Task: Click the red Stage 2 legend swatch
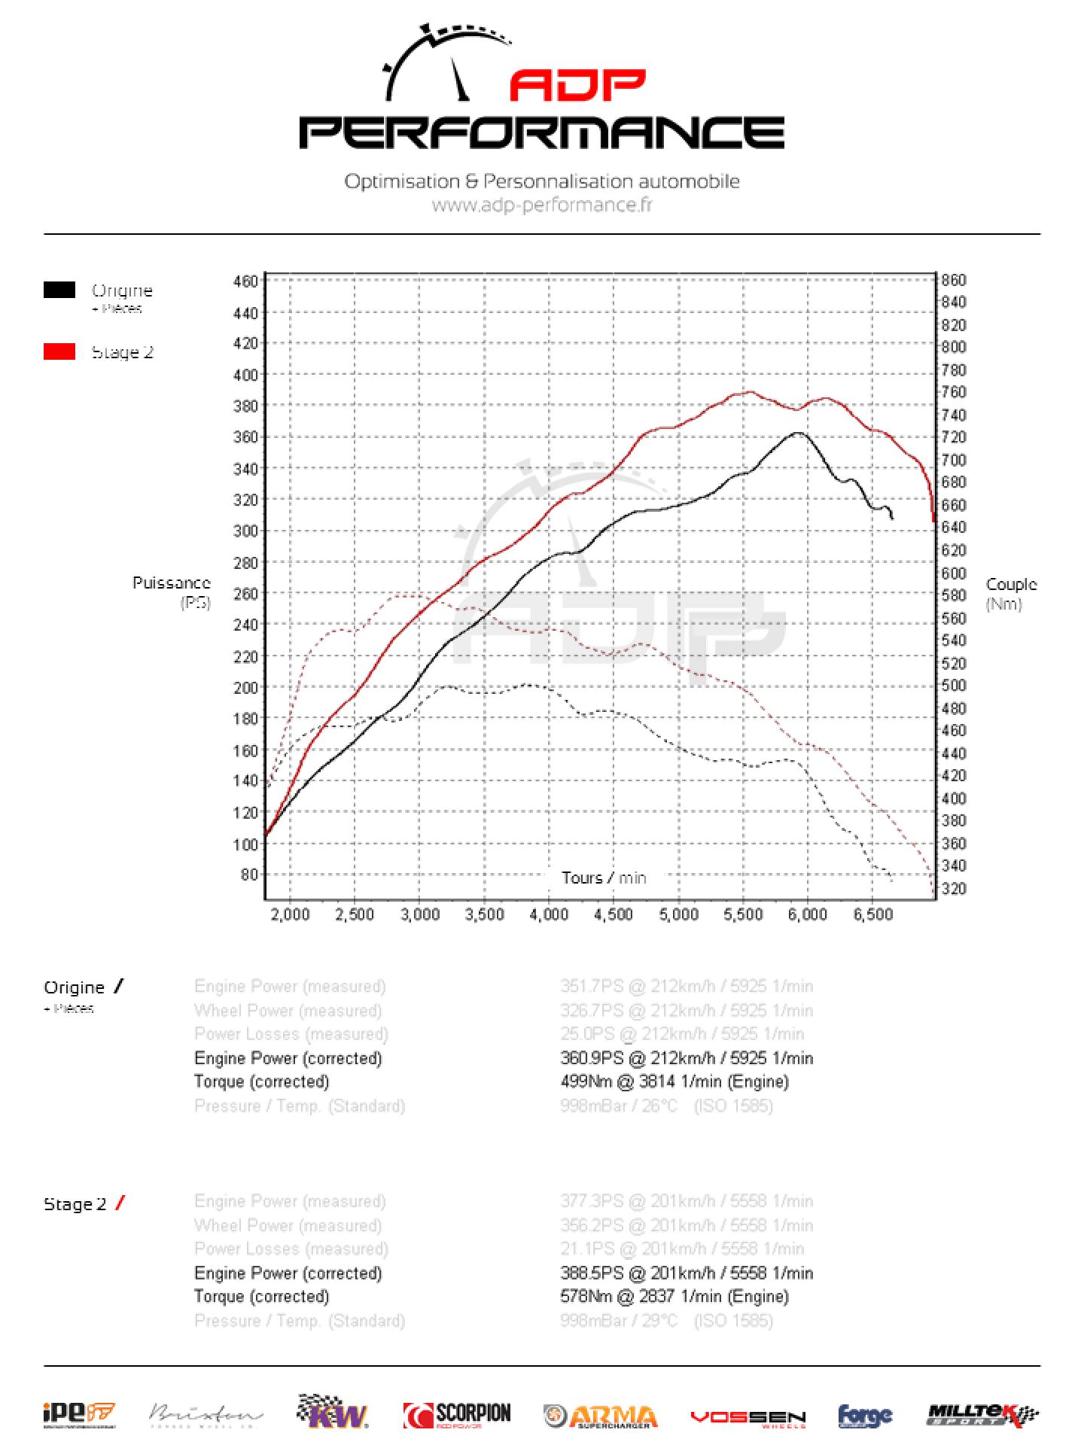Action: point(59,351)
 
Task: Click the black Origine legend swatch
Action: point(59,290)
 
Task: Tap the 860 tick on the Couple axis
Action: point(953,280)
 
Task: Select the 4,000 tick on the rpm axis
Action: point(549,914)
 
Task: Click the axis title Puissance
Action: point(172,583)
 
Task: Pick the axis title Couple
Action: point(1011,584)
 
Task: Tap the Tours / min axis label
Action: point(604,878)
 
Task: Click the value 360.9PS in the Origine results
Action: point(592,1058)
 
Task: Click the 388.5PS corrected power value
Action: point(592,1273)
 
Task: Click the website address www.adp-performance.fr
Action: point(542,205)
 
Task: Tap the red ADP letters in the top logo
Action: point(577,87)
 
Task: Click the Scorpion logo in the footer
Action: point(457,1415)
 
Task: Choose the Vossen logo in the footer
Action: point(748,1416)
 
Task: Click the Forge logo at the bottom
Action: point(865,1416)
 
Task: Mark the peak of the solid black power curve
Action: point(797,433)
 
